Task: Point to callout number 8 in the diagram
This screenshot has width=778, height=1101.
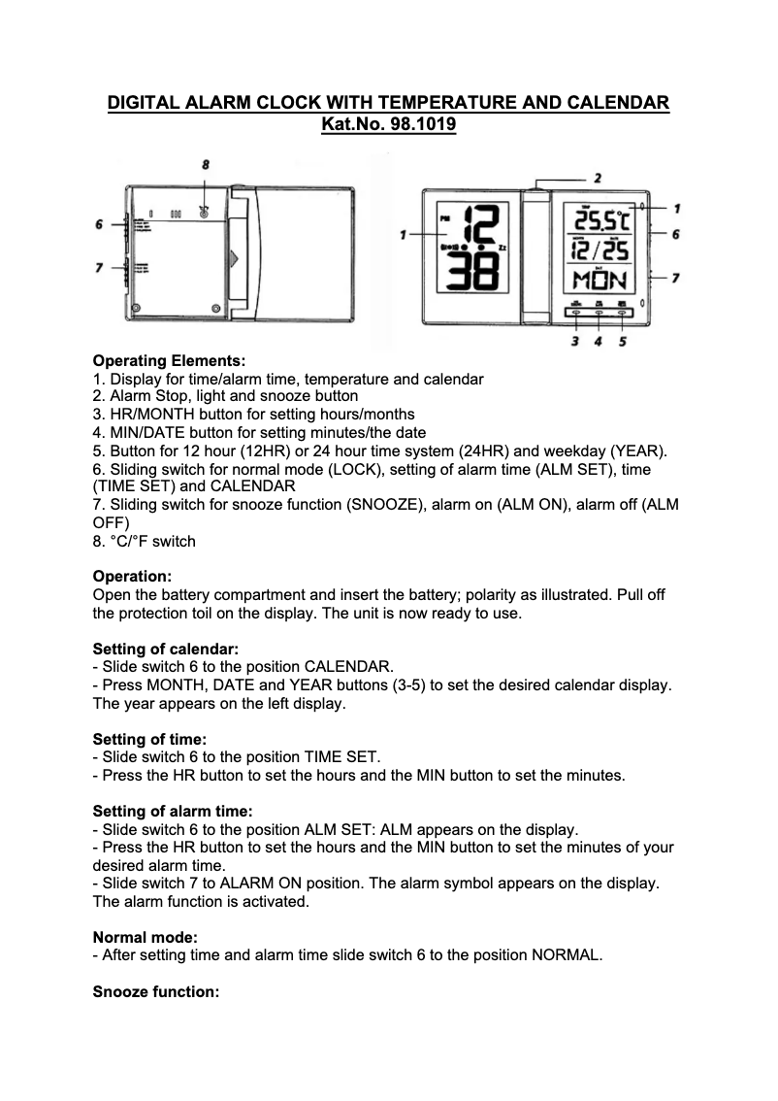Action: click(x=206, y=166)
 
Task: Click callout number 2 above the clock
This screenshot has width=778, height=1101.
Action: click(x=598, y=179)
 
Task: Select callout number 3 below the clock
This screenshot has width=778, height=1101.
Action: click(x=575, y=341)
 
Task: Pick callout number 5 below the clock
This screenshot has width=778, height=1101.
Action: click(x=622, y=341)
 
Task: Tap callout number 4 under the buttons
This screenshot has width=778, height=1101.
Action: click(x=599, y=341)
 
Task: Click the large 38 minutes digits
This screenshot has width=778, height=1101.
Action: click(x=469, y=276)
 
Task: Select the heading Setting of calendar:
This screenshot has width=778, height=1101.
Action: click(x=165, y=649)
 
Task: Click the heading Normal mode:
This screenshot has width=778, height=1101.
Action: click(x=145, y=937)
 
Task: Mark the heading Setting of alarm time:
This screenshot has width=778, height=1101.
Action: click(x=172, y=811)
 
